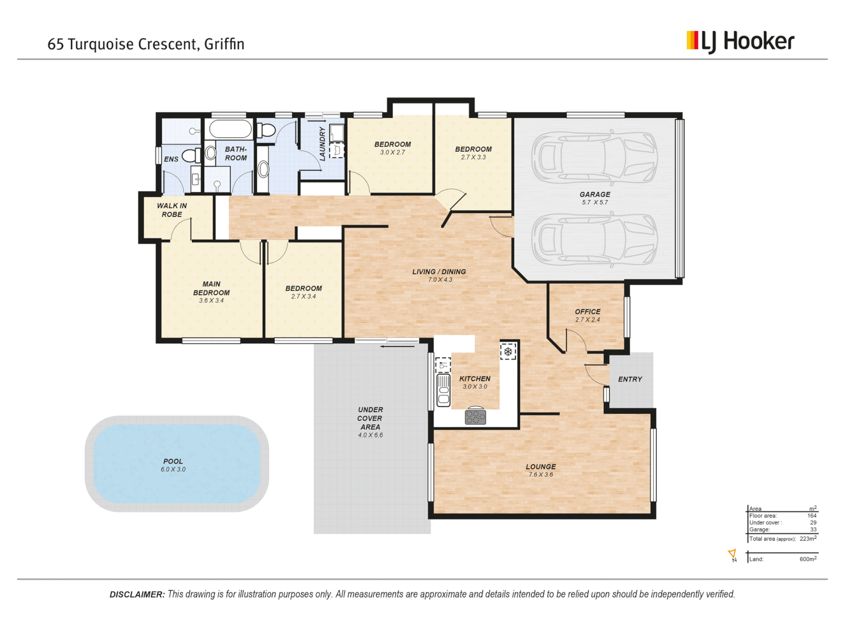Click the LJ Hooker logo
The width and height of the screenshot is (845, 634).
click(x=740, y=41)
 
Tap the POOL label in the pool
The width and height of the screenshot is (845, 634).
click(x=173, y=461)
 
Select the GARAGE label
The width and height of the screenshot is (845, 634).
click(x=594, y=194)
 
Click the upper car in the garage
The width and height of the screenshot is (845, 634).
click(x=594, y=157)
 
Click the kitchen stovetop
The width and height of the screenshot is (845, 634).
click(x=475, y=417)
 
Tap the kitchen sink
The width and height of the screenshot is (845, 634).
click(x=444, y=389)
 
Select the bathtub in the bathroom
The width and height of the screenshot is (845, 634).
click(x=230, y=129)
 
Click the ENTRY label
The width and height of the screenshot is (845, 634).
click(x=630, y=379)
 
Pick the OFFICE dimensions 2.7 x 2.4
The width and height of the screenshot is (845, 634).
click(x=587, y=320)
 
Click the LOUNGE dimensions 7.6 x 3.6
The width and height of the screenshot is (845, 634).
click(x=540, y=475)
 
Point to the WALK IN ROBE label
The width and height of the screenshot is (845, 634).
click(x=172, y=210)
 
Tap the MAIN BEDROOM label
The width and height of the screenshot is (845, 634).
click(x=211, y=288)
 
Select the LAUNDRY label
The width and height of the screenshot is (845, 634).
click(x=322, y=143)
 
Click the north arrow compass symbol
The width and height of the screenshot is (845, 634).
click(x=732, y=555)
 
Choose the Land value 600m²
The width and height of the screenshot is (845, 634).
click(x=807, y=559)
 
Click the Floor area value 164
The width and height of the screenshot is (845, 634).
click(x=812, y=516)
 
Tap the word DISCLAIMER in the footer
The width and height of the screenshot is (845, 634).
click(x=137, y=595)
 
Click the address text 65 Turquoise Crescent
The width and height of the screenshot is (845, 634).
click(x=123, y=44)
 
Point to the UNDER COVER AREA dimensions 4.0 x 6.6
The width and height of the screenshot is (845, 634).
click(x=370, y=436)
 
